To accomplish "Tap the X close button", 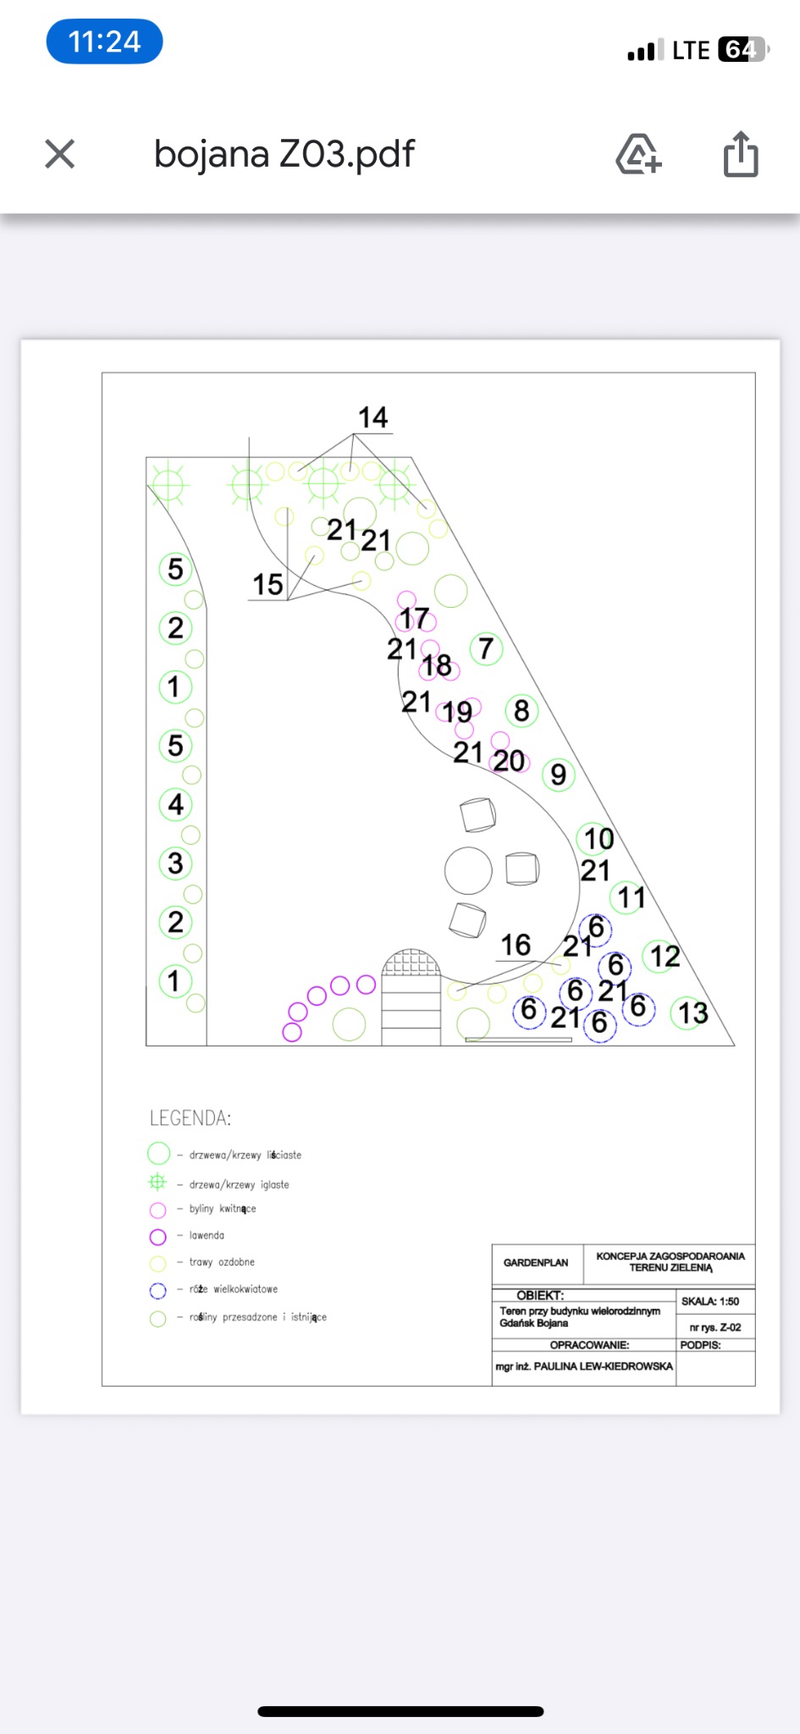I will pyautogui.click(x=60, y=154).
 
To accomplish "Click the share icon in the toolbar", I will pyautogui.click(x=741, y=154).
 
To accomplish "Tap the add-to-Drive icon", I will pyautogui.click(x=638, y=154).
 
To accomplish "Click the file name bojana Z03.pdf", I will pyautogui.click(x=284, y=154).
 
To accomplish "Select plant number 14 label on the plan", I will pyautogui.click(x=373, y=417).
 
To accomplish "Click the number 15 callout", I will pyautogui.click(x=268, y=584).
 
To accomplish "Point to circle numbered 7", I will pyautogui.click(x=486, y=649).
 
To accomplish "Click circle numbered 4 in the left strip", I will pyautogui.click(x=175, y=804).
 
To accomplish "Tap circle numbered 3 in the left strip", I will pyautogui.click(x=175, y=864).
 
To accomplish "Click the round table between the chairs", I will pyautogui.click(x=468, y=870).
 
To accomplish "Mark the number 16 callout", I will pyautogui.click(x=516, y=945).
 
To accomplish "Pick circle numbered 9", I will pyautogui.click(x=559, y=775).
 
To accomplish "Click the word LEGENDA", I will pyautogui.click(x=190, y=1118).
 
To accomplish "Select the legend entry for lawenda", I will pyautogui.click(x=207, y=1236).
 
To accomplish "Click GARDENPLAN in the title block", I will pyautogui.click(x=536, y=1262).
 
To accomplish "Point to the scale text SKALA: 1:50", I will pyautogui.click(x=710, y=1301).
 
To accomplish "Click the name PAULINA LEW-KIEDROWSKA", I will pyautogui.click(x=603, y=1367).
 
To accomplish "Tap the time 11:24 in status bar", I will pyautogui.click(x=104, y=41).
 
